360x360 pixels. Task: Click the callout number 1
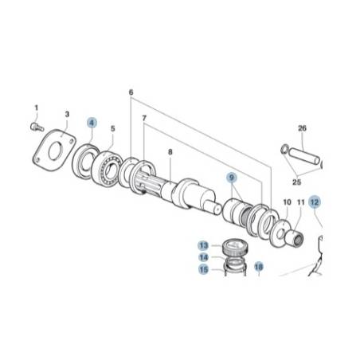tap(37, 108)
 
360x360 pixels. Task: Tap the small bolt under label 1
tap(37, 127)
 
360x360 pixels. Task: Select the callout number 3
tap(67, 114)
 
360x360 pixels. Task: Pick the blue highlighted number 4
tap(92, 123)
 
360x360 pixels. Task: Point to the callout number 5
tap(113, 128)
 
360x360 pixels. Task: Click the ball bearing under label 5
tap(107, 169)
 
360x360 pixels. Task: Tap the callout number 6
tap(131, 92)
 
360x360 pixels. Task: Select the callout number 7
tap(144, 118)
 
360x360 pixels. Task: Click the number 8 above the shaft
tap(170, 152)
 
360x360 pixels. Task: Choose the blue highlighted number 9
tap(232, 178)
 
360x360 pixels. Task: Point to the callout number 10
tap(287, 202)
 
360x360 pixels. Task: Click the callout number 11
tap(300, 202)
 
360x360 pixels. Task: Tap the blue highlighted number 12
tap(315, 202)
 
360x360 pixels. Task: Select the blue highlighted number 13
tap(204, 245)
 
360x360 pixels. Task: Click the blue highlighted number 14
tap(204, 257)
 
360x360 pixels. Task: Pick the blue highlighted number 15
tap(204, 270)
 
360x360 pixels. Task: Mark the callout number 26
tap(302, 128)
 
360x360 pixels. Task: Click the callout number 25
tap(296, 182)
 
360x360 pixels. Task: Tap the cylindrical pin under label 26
tap(304, 157)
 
